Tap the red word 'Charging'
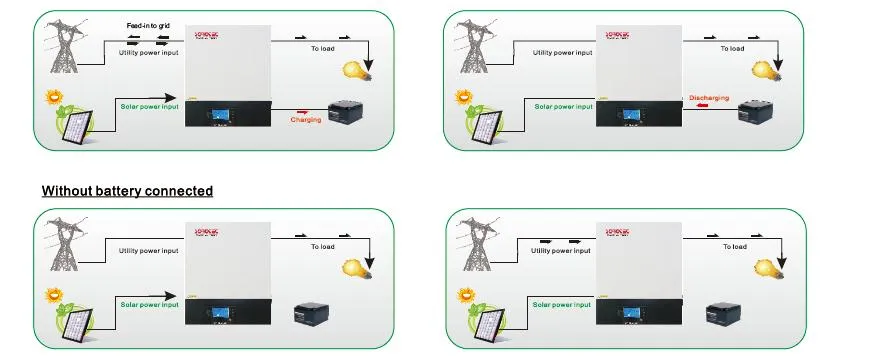305,119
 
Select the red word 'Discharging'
709,98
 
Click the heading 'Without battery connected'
127,190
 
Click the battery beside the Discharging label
753,112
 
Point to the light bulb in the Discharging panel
765,69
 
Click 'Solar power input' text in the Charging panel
150,106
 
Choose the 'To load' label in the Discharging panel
732,48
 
